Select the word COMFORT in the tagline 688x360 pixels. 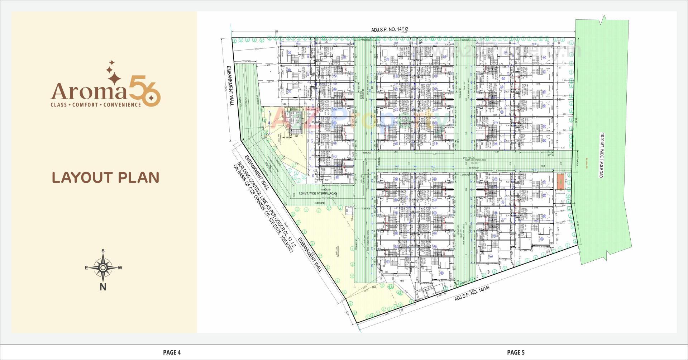[85, 105]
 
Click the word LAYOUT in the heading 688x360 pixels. [82, 178]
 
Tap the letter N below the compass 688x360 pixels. [103, 287]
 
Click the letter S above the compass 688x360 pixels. [103, 251]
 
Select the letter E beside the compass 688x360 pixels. [86, 268]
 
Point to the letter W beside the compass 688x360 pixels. [120, 268]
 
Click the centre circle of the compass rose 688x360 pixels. [103, 267]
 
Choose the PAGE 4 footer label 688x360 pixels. [172, 352]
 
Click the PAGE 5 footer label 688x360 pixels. [516, 352]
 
